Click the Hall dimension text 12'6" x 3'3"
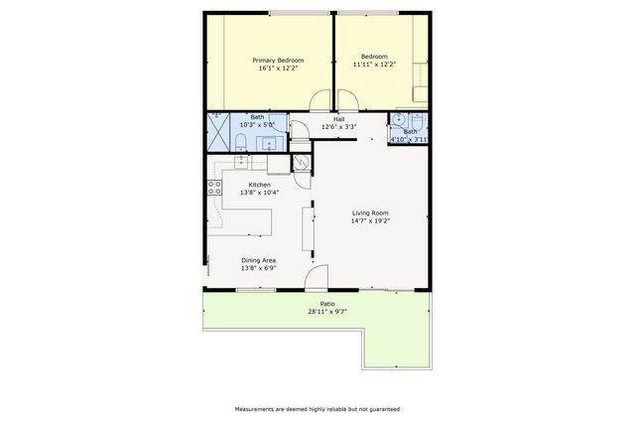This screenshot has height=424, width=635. (339, 127)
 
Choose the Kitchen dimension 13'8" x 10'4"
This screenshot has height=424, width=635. (260, 193)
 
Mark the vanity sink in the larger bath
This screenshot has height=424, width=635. (268, 143)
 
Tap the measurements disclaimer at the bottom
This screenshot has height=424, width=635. (317, 408)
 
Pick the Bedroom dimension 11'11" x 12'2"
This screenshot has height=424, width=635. (374, 65)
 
